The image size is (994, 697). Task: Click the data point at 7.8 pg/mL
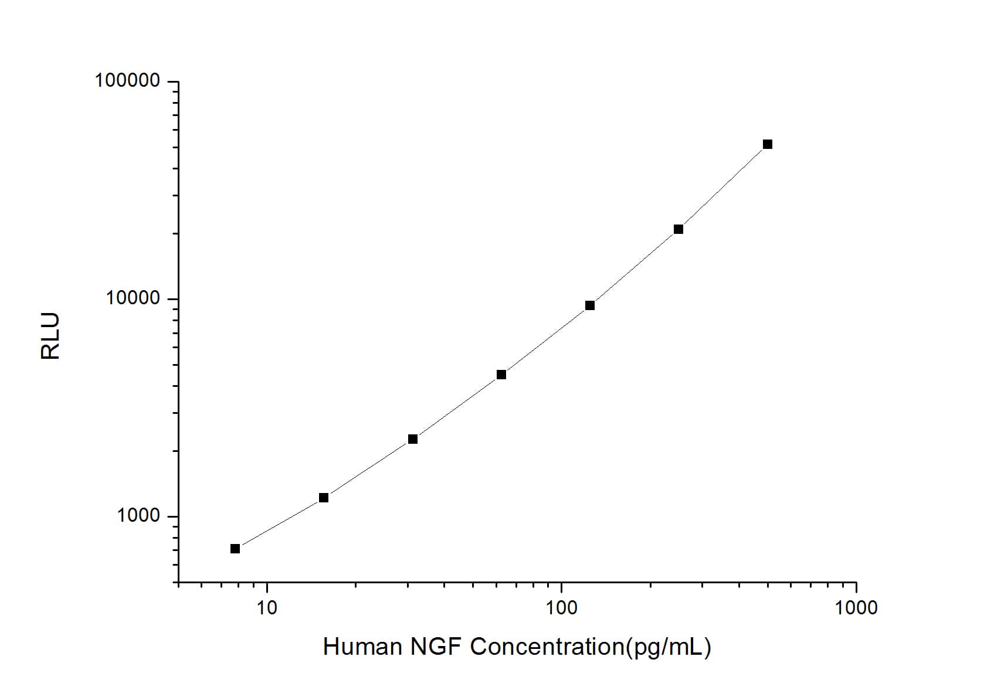coord(235,549)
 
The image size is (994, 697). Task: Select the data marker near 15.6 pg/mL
coord(324,498)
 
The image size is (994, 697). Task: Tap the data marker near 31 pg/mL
coord(413,439)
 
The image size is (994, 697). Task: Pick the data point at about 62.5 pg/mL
coord(501,375)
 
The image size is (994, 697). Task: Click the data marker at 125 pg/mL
coord(590,305)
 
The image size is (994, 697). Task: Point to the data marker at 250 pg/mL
coord(679,229)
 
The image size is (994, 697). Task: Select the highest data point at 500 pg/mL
coord(768,144)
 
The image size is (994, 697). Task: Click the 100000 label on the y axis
coord(127,81)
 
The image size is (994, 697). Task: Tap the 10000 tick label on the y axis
coord(133,298)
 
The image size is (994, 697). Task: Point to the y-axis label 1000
coord(138,516)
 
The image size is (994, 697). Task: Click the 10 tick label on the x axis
coord(267,608)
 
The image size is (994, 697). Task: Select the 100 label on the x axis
coord(561,608)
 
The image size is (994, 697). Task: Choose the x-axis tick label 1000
coord(856,608)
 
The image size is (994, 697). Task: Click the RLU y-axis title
coord(50,336)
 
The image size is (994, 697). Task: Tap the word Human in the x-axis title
coord(362,647)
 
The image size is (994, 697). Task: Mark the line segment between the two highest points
coord(723,187)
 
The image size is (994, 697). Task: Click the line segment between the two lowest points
coord(279,523)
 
